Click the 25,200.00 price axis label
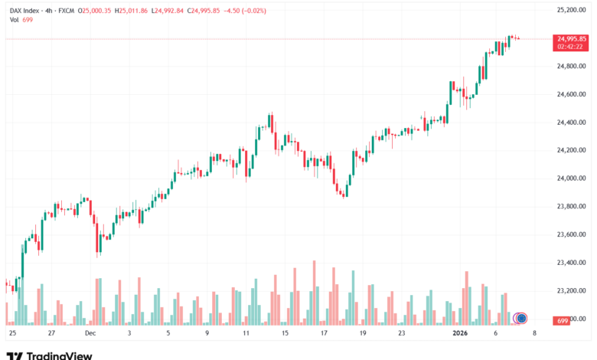(x=572, y=10)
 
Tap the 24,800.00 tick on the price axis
(x=572, y=67)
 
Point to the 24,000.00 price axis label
(x=572, y=178)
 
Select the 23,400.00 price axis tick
(x=572, y=263)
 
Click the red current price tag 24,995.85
(x=572, y=38)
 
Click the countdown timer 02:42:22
(x=572, y=46)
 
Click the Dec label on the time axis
(x=90, y=334)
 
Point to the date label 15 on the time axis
(x=285, y=334)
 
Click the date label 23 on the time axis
(x=402, y=334)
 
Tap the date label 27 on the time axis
(x=51, y=334)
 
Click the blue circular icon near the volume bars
(x=522, y=318)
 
